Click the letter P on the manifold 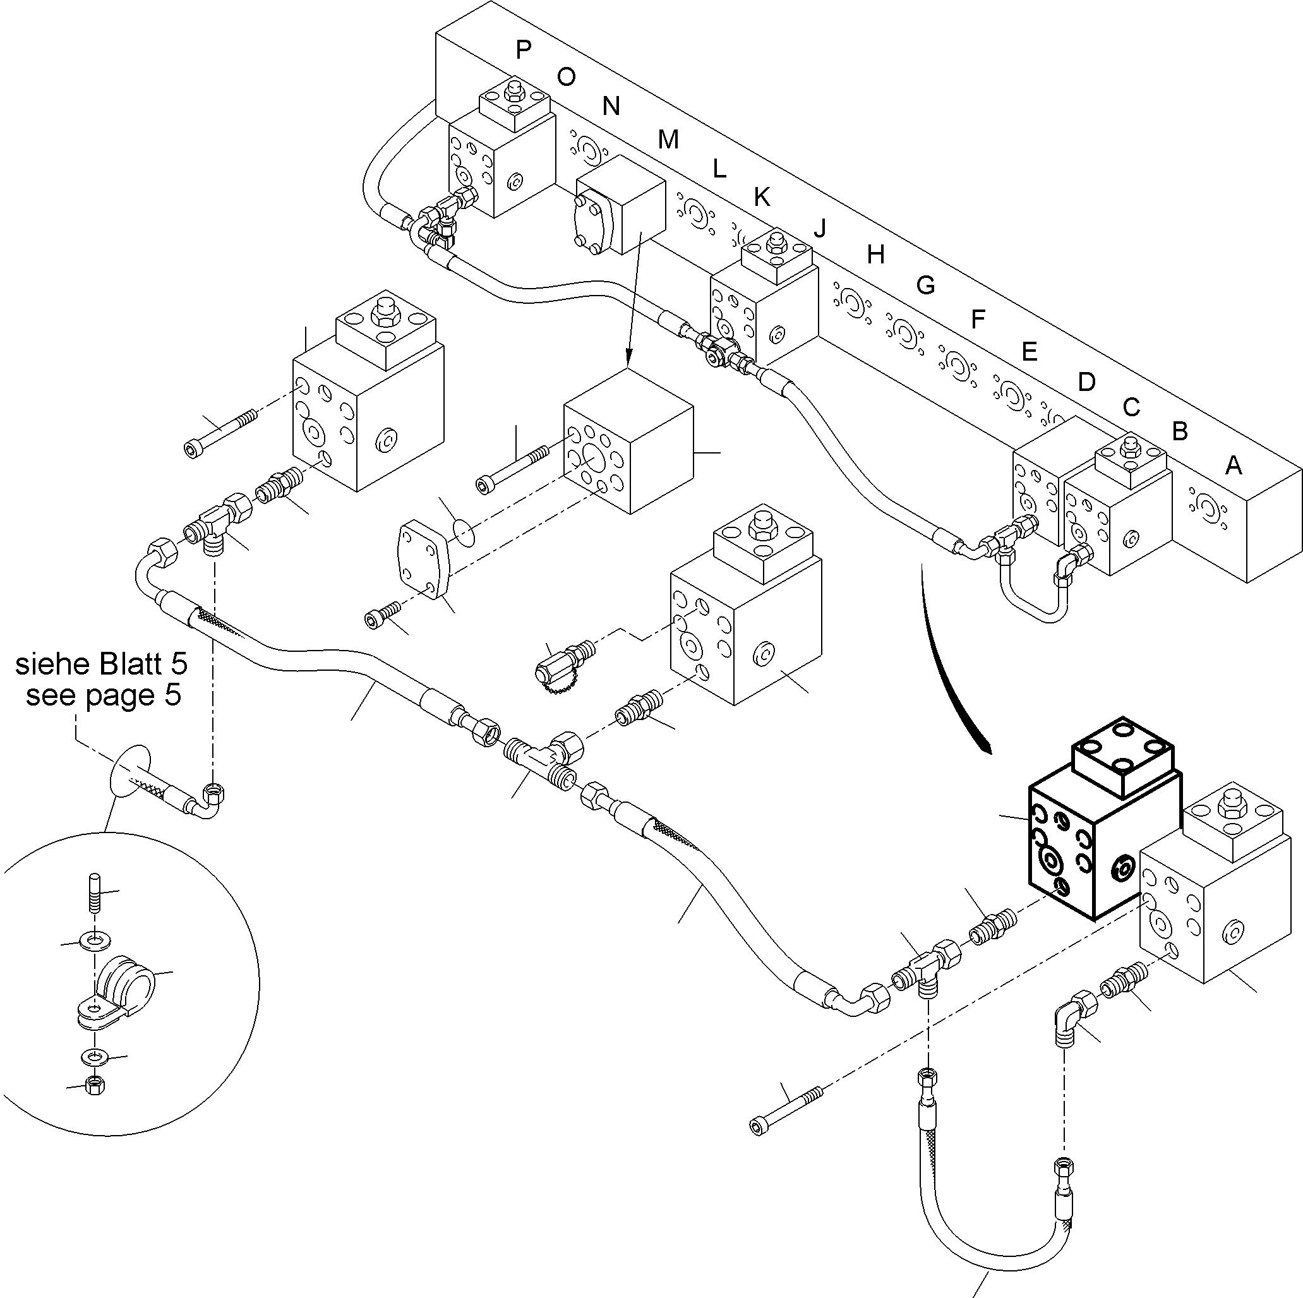click(x=524, y=49)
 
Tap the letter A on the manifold click(x=1233, y=466)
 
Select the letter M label click(x=668, y=140)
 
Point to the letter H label click(x=875, y=255)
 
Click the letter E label click(x=1028, y=351)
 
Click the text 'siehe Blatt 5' click(x=101, y=664)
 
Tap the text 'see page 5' click(x=103, y=695)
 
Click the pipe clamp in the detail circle click(x=121, y=989)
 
